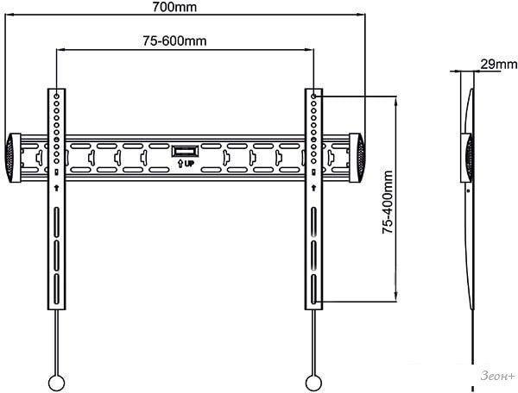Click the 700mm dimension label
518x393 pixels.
pyautogui.click(x=174, y=7)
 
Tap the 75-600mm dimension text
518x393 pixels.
pyautogui.click(x=174, y=41)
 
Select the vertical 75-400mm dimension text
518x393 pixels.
pyautogui.click(x=388, y=203)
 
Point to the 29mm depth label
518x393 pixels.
pyautogui.click(x=498, y=64)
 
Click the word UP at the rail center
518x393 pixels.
pyautogui.click(x=189, y=164)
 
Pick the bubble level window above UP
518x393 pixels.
pyautogui.click(x=185, y=152)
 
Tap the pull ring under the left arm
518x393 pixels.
pyautogui.click(x=56, y=383)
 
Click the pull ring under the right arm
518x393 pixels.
pyautogui.click(x=313, y=383)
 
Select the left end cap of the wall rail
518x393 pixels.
pyautogui.click(x=13, y=158)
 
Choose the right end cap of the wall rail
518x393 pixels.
pyautogui.click(x=357, y=158)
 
